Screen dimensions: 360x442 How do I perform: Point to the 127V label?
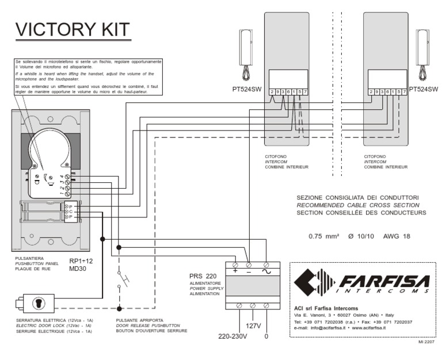[253, 325]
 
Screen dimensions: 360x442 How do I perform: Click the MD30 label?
[78, 268]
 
